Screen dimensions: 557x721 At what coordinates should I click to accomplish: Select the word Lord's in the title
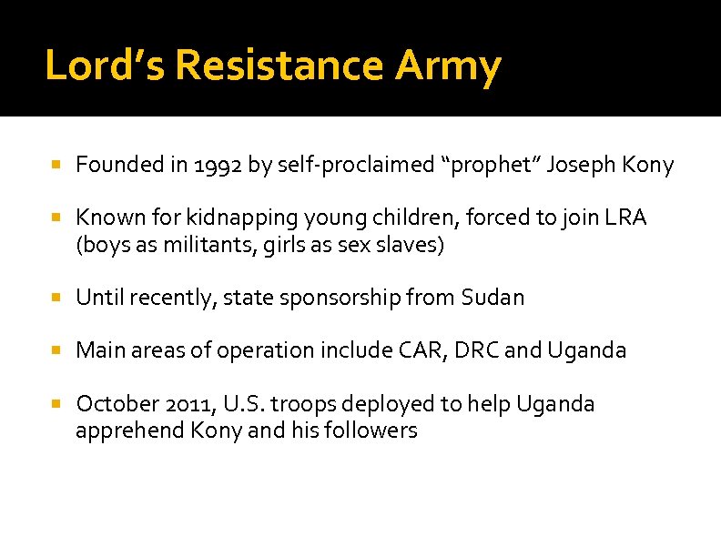(x=105, y=66)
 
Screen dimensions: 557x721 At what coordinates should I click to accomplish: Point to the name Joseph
(x=581, y=165)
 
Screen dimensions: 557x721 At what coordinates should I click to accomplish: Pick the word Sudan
(x=493, y=298)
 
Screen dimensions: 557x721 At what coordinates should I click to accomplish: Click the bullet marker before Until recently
(x=56, y=298)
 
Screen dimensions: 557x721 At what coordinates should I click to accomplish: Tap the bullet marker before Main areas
(x=56, y=350)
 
